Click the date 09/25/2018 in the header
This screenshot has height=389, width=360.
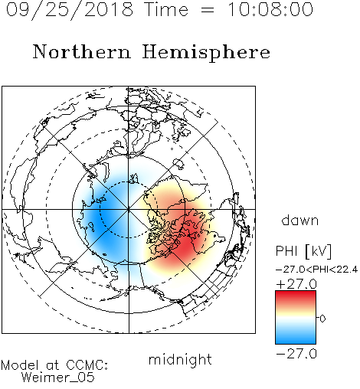pyautogui.click(x=70, y=10)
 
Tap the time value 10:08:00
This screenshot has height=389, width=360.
pyautogui.click(x=270, y=9)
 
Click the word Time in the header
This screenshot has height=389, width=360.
pyautogui.click(x=166, y=9)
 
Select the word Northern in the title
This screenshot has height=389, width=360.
pyautogui.click(x=82, y=51)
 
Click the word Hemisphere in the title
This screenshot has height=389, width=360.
pyautogui.click(x=206, y=53)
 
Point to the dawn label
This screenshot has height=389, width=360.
pyautogui.click(x=300, y=220)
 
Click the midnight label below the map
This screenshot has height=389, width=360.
pyautogui.click(x=180, y=360)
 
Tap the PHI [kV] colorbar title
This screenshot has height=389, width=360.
pyautogui.click(x=303, y=251)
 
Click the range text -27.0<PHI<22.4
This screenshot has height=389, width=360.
pyautogui.click(x=316, y=270)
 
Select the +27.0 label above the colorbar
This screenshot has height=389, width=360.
pyautogui.click(x=296, y=284)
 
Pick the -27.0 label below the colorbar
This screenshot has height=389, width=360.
pyautogui.click(x=296, y=354)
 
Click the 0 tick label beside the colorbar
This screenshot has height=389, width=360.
pyautogui.click(x=322, y=319)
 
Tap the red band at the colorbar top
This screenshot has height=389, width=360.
pyautogui.click(x=296, y=296)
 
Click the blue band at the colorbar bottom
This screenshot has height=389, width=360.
pyautogui.click(x=296, y=338)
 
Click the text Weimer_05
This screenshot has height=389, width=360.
pyautogui.click(x=58, y=378)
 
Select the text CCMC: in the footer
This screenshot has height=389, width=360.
pyautogui.click(x=87, y=365)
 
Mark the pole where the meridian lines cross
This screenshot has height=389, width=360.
pyautogui.click(x=129, y=209)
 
